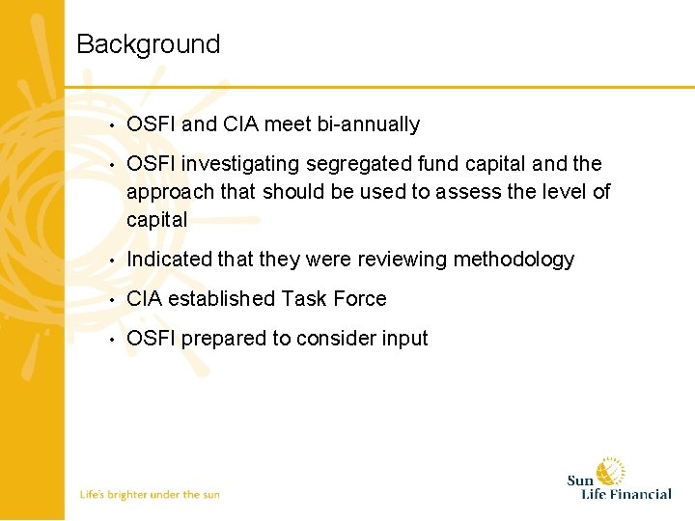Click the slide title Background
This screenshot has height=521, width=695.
click(x=148, y=44)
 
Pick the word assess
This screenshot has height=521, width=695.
click(x=466, y=192)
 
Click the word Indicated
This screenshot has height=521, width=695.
click(x=165, y=260)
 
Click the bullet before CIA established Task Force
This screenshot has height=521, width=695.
click(x=113, y=300)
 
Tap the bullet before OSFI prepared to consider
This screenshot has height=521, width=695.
click(x=113, y=340)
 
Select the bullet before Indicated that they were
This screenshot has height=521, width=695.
click(x=113, y=260)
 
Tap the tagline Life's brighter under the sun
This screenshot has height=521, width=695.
click(x=150, y=494)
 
